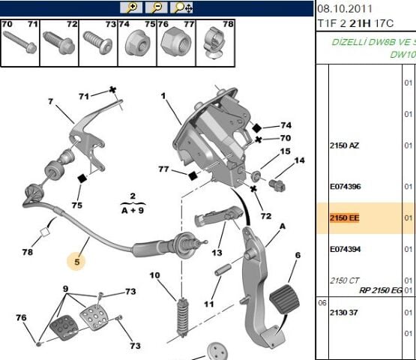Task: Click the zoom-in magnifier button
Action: [x=130, y=7]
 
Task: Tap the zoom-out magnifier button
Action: [x=156, y=7]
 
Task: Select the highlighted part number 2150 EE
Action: [x=344, y=218]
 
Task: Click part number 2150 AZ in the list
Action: [x=344, y=145]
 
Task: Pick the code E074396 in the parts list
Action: [x=345, y=186]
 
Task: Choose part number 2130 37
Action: [x=344, y=313]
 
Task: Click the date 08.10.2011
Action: [x=345, y=9]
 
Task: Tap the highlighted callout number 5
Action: [x=77, y=262]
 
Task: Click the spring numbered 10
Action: [x=183, y=317]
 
